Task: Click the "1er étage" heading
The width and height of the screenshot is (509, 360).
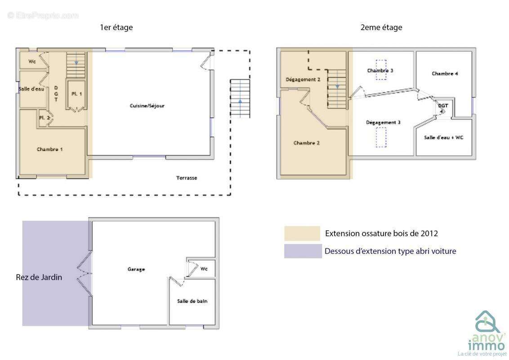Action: click(116, 27)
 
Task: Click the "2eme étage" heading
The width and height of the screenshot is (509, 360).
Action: click(381, 27)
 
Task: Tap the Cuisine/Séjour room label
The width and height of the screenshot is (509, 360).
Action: click(147, 106)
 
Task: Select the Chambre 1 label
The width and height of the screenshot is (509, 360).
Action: click(49, 149)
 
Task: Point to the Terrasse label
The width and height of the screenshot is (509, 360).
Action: click(187, 178)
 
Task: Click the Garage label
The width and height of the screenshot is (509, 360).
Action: click(136, 269)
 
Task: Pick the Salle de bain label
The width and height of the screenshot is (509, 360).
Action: click(192, 301)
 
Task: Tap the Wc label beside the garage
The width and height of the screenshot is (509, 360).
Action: click(204, 269)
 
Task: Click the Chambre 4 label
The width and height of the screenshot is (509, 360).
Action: click(445, 73)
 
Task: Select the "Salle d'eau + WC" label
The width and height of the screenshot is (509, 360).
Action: click(443, 137)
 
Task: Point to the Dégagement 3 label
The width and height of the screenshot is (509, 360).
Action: click(383, 122)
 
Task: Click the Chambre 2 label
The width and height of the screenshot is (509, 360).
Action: click(307, 143)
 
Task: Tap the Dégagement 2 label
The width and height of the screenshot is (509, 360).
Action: click(303, 80)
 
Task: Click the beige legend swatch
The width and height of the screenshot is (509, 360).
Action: click(302, 233)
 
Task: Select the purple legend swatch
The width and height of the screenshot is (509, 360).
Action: click(303, 251)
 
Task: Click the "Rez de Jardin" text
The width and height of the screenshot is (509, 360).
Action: click(39, 277)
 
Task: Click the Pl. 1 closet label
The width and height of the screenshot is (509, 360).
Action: click(76, 94)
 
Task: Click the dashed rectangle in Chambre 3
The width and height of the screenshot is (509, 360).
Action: click(381, 70)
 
